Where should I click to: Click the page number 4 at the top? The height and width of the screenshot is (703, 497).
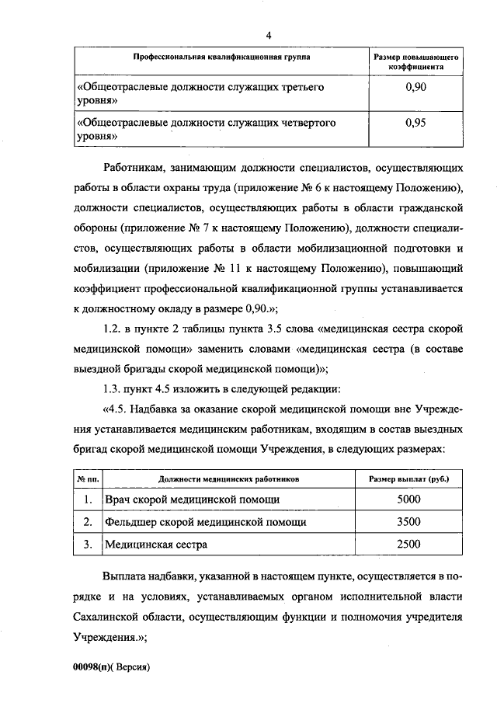pos(268,35)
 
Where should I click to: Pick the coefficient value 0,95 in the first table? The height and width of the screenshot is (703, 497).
pos(415,122)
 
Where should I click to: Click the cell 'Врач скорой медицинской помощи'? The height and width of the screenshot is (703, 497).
pos(192,499)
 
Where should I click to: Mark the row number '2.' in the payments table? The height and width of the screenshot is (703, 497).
pos(88,521)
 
